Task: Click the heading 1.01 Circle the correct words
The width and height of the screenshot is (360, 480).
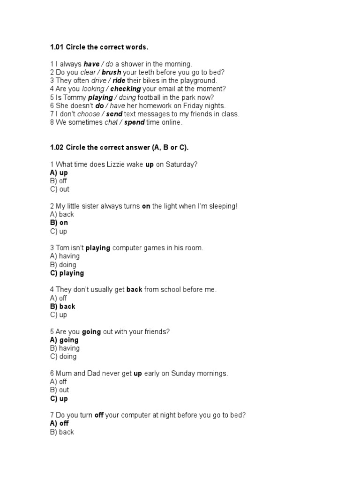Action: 99,47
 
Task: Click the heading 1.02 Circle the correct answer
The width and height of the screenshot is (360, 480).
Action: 119,148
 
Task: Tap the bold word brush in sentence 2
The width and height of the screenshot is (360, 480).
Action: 111,72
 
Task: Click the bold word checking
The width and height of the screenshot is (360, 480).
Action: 125,89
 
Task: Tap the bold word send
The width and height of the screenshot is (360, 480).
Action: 114,114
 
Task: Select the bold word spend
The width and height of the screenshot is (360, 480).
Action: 134,122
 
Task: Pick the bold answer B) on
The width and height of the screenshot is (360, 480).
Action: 59,223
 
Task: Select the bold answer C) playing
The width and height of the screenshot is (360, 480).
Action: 67,273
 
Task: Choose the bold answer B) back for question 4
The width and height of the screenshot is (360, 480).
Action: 63,307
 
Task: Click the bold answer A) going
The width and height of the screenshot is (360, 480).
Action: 64,340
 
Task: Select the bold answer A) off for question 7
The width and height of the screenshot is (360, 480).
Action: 60,423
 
